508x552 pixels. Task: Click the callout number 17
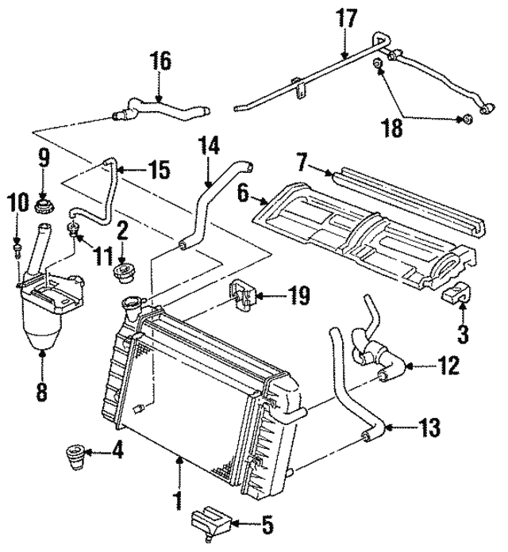tap(346, 17)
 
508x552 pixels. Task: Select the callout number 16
tap(160, 61)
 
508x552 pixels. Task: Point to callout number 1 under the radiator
tap(179, 500)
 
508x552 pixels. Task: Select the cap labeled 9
tap(44, 209)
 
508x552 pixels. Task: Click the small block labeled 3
tap(456, 296)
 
